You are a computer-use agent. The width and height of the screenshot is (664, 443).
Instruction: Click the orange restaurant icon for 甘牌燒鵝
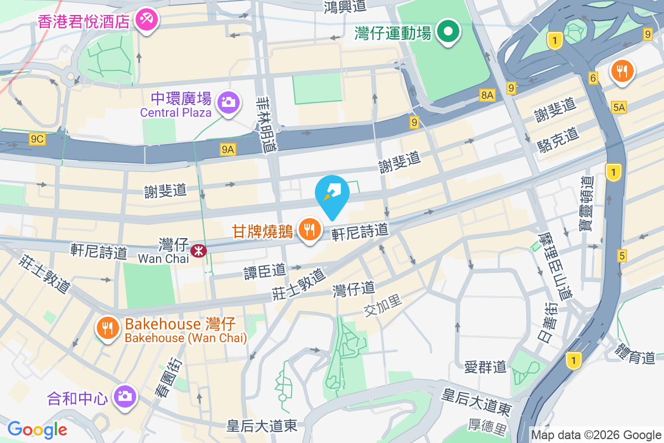point(309,228)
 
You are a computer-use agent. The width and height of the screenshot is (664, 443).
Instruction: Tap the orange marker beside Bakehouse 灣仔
point(107,327)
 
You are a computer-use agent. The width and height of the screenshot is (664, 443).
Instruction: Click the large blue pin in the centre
point(332,195)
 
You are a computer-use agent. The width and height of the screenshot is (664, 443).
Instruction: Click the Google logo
point(37,429)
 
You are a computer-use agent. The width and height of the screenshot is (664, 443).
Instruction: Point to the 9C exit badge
point(37,139)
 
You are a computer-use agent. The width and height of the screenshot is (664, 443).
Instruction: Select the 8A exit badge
point(487,95)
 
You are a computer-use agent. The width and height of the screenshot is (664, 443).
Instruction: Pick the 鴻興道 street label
point(346,7)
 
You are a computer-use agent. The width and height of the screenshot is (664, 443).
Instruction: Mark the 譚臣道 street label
point(265,270)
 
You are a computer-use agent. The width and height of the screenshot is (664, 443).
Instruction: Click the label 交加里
point(383,306)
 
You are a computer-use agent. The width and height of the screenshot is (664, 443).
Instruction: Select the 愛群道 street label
point(485,366)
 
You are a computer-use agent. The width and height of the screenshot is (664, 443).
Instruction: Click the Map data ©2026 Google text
point(596,435)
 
